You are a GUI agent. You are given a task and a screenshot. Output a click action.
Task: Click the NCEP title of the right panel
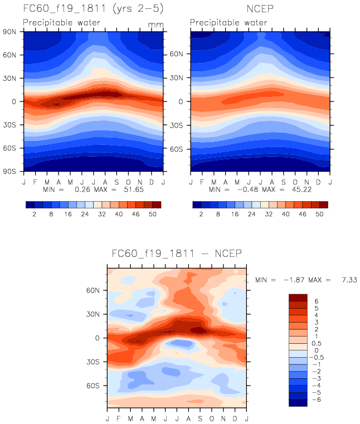[x=260, y=9]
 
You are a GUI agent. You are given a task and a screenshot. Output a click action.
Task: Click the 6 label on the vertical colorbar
[x=317, y=301]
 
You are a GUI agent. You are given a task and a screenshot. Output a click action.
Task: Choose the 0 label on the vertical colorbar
[x=317, y=350]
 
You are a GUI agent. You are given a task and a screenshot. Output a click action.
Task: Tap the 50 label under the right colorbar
[x=319, y=214]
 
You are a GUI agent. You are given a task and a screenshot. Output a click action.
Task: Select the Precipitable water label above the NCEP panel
[x=228, y=23]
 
